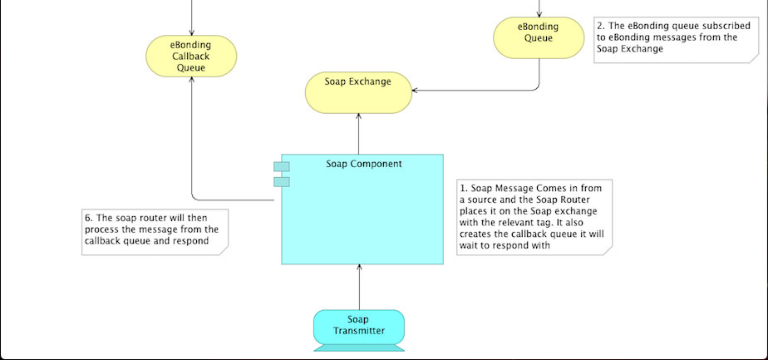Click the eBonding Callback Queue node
[191, 56]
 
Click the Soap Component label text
[363, 164]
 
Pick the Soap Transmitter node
[359, 325]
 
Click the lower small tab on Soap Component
[282, 181]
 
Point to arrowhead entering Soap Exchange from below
[359, 117]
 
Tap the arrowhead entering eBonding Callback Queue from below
[191, 81]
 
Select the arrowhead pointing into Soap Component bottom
[359, 268]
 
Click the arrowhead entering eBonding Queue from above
[539, 14]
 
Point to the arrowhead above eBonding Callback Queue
[191, 32]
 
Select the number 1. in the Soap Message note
[464, 187]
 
